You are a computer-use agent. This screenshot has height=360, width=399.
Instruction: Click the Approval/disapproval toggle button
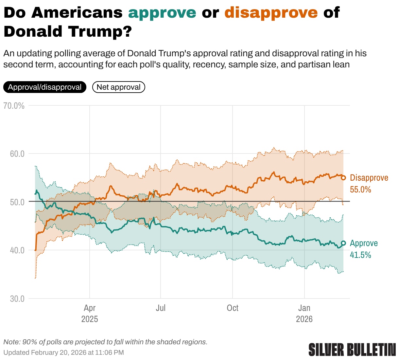45,87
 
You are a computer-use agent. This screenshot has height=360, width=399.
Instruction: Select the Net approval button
118,87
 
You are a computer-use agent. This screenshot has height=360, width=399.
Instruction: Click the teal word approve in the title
162,13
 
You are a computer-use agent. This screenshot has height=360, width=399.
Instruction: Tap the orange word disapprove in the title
271,13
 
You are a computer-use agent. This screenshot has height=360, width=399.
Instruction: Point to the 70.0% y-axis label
14,106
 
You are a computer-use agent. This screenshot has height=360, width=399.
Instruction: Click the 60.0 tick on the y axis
17,154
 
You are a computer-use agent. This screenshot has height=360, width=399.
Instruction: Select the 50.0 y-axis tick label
17,202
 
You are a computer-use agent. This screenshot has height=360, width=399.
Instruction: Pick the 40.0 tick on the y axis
17,250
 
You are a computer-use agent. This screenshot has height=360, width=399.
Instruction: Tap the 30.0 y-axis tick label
17,298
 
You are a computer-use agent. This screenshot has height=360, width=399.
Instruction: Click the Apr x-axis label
90,308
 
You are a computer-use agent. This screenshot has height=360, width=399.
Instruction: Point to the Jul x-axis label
161,308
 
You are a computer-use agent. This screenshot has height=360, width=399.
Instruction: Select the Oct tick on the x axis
233,308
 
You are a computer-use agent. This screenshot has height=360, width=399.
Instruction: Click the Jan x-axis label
304,308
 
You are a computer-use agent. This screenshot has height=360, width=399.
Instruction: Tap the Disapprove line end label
369,178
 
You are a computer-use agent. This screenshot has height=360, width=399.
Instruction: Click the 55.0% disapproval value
360,189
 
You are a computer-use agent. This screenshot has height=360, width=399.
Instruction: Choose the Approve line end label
364,243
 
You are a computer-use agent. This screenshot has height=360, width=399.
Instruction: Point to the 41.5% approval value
360,255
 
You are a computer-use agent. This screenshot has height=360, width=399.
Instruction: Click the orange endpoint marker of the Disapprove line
343,178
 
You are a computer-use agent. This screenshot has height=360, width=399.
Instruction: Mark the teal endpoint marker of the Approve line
343,243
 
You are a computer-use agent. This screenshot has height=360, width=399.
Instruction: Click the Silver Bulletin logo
352,350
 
